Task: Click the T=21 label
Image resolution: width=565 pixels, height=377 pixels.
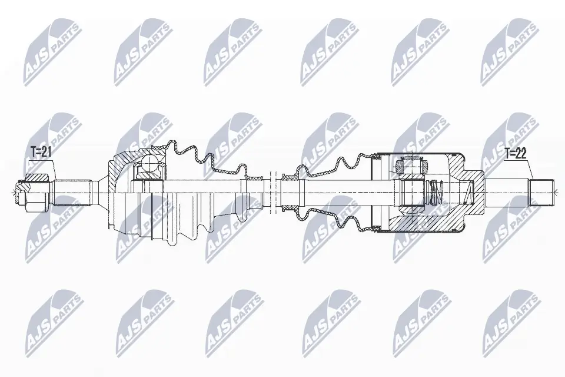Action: click(41, 152)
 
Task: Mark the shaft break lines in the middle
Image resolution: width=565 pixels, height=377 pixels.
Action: click(271, 190)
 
